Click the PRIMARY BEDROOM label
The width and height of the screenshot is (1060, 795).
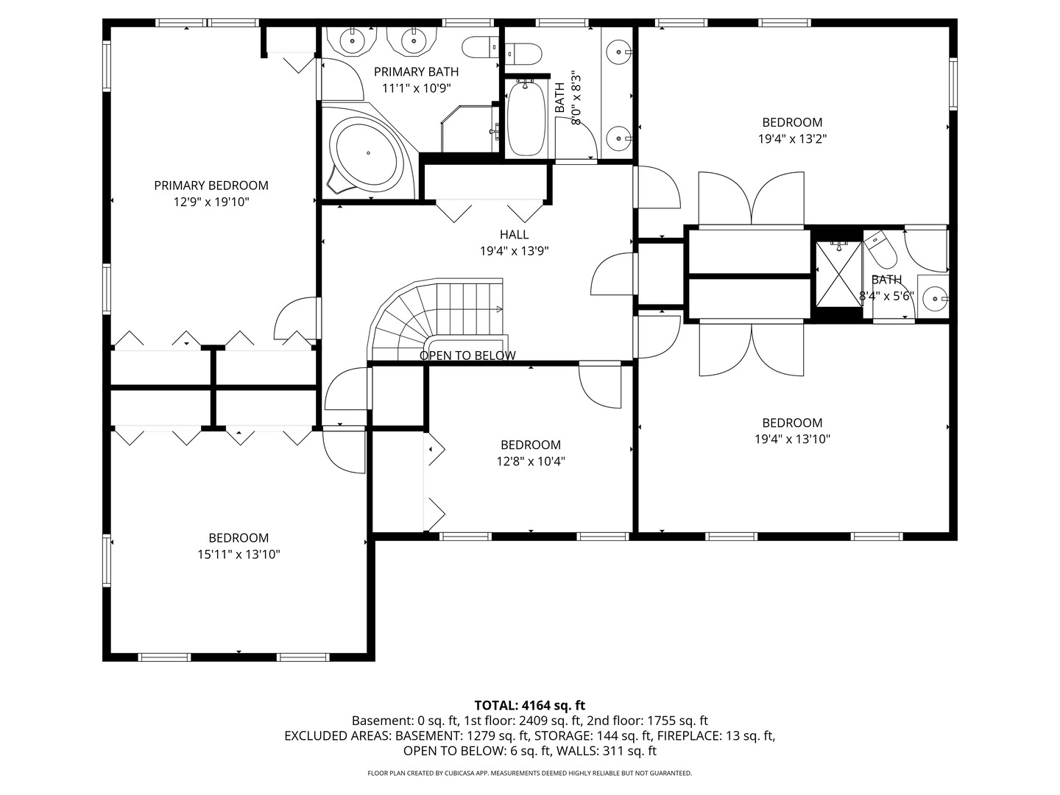[x=211, y=185]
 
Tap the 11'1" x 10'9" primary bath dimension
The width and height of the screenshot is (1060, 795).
[x=417, y=88]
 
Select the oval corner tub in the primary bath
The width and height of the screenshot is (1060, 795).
[x=368, y=152]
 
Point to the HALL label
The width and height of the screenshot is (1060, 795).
[x=514, y=235]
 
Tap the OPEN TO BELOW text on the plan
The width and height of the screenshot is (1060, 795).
[x=467, y=356]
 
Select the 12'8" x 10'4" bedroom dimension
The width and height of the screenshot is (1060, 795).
[x=531, y=462]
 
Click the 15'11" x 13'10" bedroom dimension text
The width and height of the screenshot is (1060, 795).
[x=239, y=554]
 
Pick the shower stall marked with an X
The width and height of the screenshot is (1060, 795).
[x=838, y=274]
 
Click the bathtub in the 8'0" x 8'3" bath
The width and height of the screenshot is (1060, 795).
[x=526, y=119]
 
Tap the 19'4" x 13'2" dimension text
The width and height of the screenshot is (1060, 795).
[x=792, y=139]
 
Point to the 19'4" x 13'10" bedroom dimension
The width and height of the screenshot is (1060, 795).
[x=792, y=439]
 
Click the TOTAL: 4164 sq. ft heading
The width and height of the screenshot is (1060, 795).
[x=530, y=705]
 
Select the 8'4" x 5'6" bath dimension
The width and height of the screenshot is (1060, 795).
[x=886, y=296]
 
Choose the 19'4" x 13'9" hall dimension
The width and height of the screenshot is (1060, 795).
[x=514, y=251]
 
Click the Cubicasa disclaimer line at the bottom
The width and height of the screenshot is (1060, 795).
[x=530, y=773]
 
